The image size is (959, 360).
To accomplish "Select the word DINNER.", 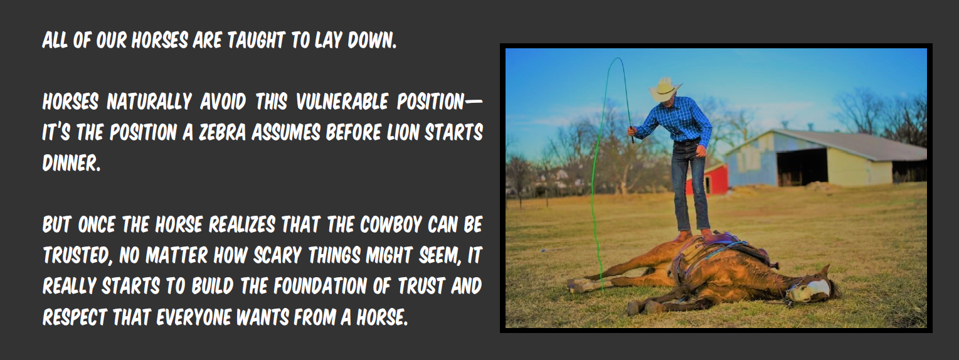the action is [x=72, y=163].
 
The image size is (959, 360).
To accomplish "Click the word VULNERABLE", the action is [x=342, y=102].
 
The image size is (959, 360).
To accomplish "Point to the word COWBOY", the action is [x=391, y=225].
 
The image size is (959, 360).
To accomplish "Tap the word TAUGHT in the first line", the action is [x=256, y=41].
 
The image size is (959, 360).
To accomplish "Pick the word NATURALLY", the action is [x=149, y=102].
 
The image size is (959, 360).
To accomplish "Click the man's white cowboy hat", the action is [x=664, y=89].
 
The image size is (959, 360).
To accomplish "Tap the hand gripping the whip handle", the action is [x=632, y=130].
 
